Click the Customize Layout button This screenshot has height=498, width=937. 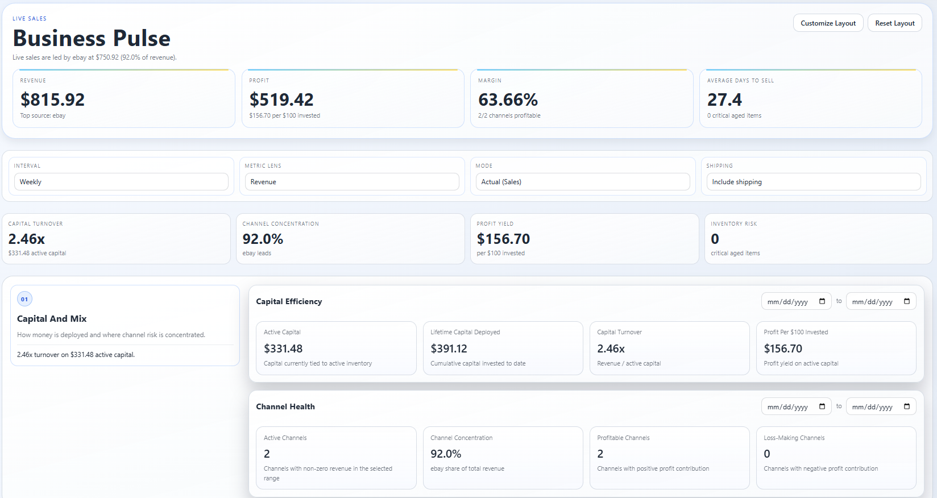pyautogui.click(x=828, y=23)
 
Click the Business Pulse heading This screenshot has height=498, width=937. pyautogui.click(x=92, y=38)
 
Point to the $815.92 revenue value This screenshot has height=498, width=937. pyautogui.click(x=52, y=99)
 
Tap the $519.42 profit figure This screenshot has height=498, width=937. pyautogui.click(x=281, y=99)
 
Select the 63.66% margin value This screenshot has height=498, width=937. pyautogui.click(x=508, y=99)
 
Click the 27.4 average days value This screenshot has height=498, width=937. pyautogui.click(x=724, y=99)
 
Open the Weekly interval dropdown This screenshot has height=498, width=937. pyautogui.click(x=121, y=182)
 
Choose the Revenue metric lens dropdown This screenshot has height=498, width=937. pyautogui.click(x=352, y=182)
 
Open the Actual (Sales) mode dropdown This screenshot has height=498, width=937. pyautogui.click(x=583, y=182)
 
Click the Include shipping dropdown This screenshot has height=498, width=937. pyautogui.click(x=814, y=182)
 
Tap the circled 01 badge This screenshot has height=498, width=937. pyautogui.click(x=24, y=299)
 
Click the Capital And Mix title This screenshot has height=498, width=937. pyautogui.click(x=52, y=319)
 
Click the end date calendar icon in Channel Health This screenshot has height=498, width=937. pyautogui.click(x=907, y=406)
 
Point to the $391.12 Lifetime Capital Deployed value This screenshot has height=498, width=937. pyautogui.click(x=449, y=348)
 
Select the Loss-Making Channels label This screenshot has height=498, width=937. pyautogui.click(x=794, y=438)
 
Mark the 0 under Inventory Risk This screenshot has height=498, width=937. pyautogui.click(x=715, y=239)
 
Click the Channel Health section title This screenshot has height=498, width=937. pyautogui.click(x=285, y=406)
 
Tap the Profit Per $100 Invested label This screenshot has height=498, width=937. pyautogui.click(x=795, y=332)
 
